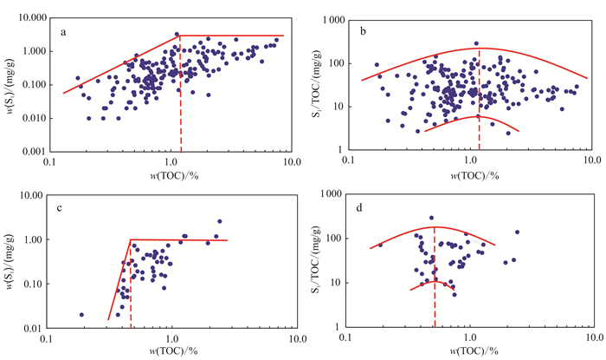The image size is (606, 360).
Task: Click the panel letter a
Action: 65,32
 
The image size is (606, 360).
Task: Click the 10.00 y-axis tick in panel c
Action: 35,196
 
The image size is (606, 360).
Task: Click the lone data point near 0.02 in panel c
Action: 82,315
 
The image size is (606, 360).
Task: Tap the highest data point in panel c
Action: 219,221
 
